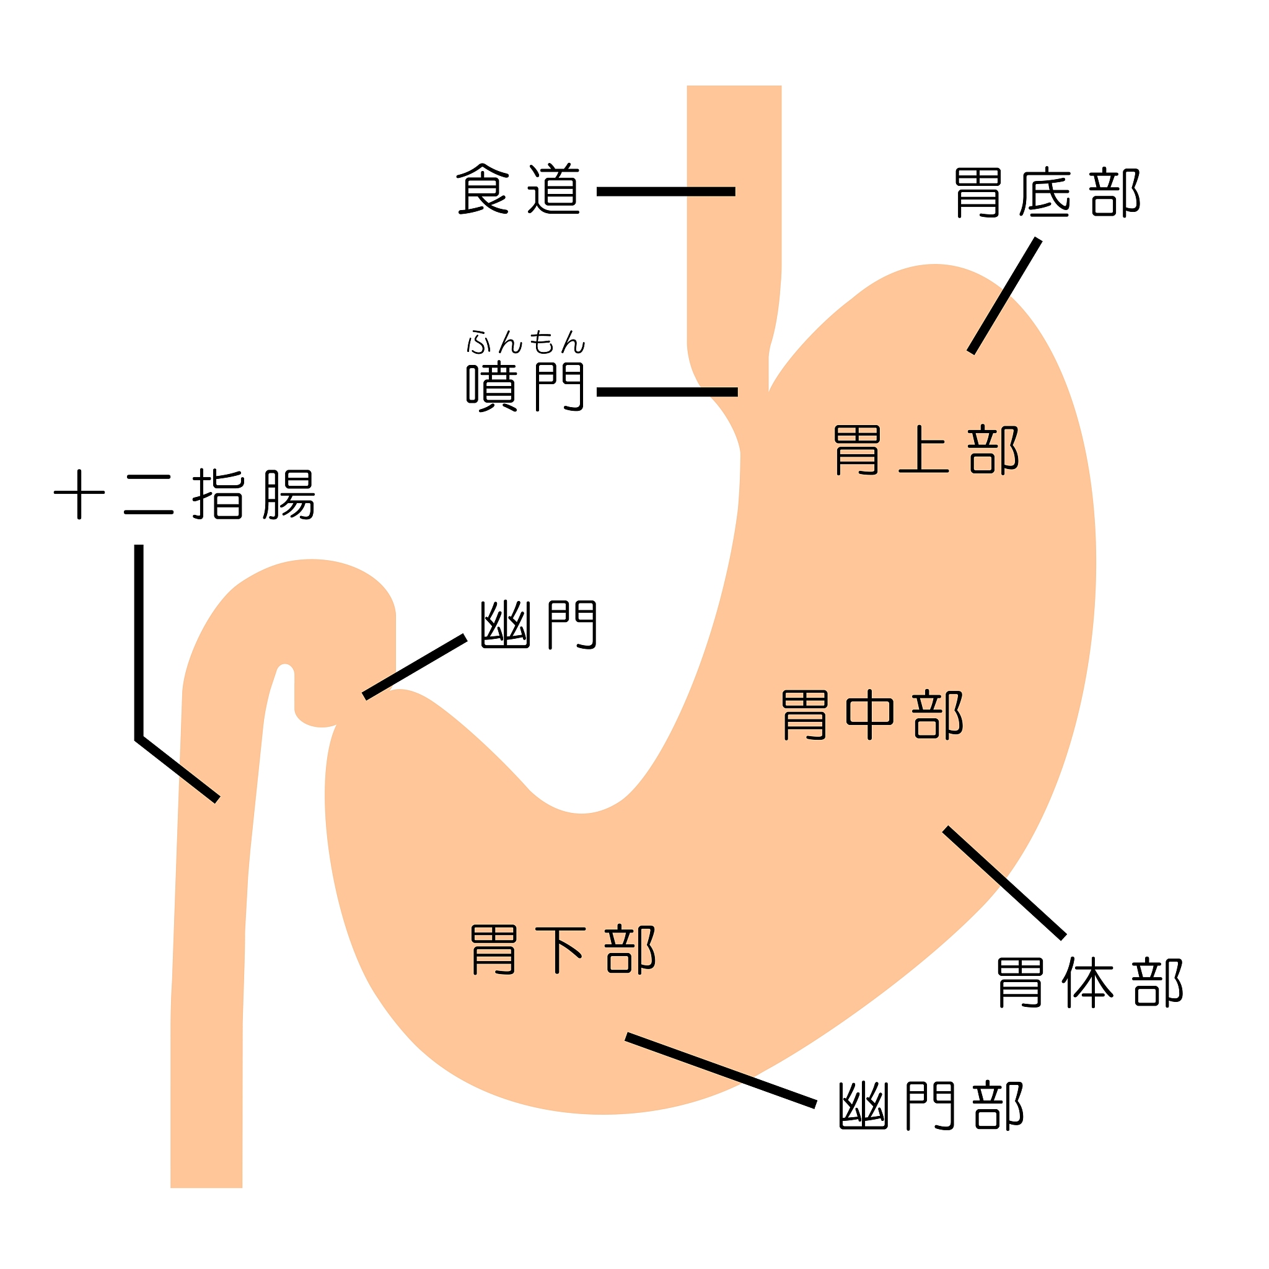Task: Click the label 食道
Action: (x=518, y=190)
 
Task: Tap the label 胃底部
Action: (x=1048, y=193)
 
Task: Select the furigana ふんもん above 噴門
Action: (x=525, y=343)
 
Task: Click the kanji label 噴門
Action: (x=525, y=387)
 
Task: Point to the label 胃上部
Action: (x=927, y=450)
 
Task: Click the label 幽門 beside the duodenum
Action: (x=538, y=625)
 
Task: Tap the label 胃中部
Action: (x=873, y=715)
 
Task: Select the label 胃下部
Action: (x=564, y=951)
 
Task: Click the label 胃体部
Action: (x=1090, y=983)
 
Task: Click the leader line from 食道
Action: (x=665, y=192)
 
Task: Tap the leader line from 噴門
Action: (x=667, y=392)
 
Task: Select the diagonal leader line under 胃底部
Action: (x=1005, y=296)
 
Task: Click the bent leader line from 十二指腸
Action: (x=139, y=657)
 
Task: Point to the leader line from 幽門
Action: (x=415, y=667)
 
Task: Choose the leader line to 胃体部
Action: (x=1004, y=882)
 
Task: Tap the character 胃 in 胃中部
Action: (x=806, y=715)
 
